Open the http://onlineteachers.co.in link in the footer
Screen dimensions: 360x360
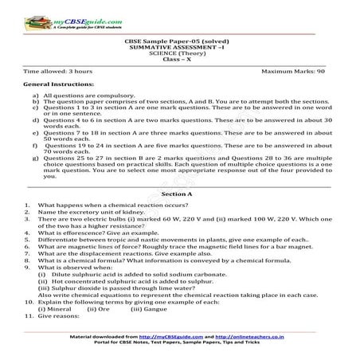246,338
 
